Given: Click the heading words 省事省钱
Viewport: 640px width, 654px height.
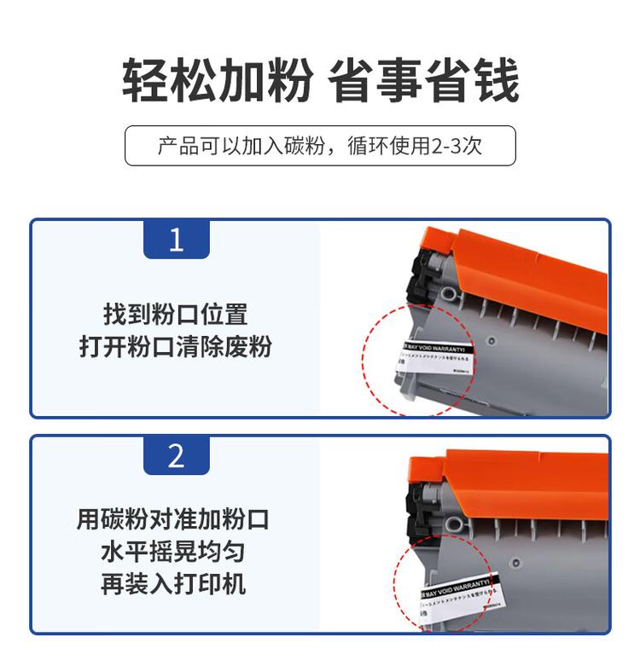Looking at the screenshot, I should [424, 81].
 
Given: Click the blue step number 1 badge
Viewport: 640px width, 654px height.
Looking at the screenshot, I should [176, 240].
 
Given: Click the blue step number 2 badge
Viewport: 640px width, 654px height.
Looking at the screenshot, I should [176, 456].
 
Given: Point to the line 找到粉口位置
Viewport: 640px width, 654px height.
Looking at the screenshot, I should [176, 314].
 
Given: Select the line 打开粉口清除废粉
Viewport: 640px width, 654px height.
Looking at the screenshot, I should [176, 348].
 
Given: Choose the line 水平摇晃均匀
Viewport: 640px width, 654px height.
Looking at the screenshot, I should [173, 551].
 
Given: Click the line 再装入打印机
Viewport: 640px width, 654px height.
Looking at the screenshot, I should [173, 584].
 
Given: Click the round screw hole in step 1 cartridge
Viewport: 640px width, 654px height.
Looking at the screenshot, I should [491, 339].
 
